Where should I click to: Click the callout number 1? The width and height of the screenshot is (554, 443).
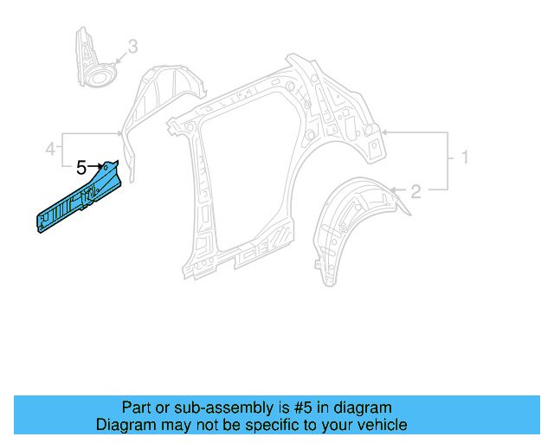(464, 158)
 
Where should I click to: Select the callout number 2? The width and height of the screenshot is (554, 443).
(415, 191)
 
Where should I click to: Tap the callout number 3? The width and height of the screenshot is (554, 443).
(132, 46)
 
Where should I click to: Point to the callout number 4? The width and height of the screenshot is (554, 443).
(51, 150)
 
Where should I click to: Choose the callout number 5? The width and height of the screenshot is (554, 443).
(81, 168)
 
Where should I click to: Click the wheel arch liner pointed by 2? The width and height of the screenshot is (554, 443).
(351, 221)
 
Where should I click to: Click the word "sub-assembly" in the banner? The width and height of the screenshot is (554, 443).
(198, 408)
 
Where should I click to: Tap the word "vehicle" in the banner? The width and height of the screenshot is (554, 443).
(381, 425)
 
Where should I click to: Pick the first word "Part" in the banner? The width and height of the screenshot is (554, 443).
(136, 408)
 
